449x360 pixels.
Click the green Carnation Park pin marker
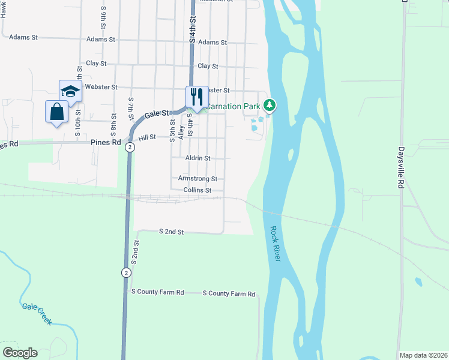coord(270,106)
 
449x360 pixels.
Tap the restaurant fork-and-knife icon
coord(196,96)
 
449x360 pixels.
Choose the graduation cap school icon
coord(70,91)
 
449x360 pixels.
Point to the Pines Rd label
coord(106,143)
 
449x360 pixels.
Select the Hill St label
coord(147,137)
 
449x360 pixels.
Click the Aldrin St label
coord(198,158)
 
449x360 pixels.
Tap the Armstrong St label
coord(197,179)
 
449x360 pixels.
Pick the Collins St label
coord(197,190)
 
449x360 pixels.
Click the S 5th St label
coord(172,130)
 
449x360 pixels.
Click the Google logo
coord(20,353)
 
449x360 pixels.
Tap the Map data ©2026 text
coord(423,355)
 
